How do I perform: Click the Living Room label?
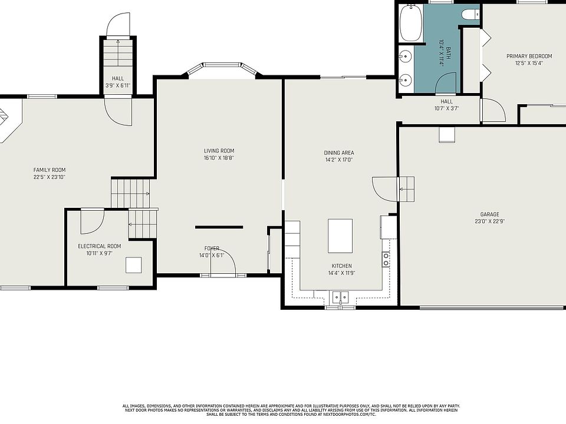click(219, 151)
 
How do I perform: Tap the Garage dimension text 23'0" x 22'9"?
click(489, 221)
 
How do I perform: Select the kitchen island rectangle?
click(340, 236)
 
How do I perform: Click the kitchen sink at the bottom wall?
click(340, 297)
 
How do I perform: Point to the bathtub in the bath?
click(411, 23)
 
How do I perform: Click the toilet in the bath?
click(470, 14)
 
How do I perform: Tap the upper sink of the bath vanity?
click(406, 56)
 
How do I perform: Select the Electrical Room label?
click(99, 246)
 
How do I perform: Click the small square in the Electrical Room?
click(134, 265)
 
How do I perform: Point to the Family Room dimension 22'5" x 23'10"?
click(50, 177)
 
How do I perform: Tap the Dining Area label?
click(338, 153)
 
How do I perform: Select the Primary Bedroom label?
click(529, 57)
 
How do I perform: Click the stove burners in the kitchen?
click(386, 260)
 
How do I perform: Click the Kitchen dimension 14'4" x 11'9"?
click(341, 273)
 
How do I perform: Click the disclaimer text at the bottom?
click(291, 410)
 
